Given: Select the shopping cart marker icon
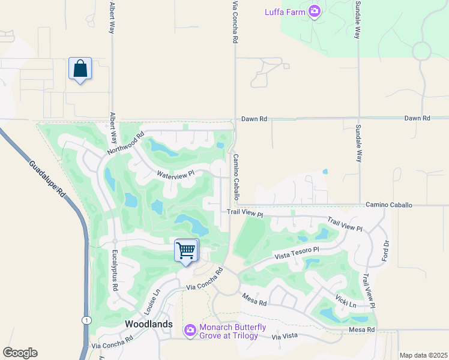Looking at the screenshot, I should pyautogui.click(x=186, y=250).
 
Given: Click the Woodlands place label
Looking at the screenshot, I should pyautogui.click(x=149, y=324).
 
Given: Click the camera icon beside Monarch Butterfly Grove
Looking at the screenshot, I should pyautogui.click(x=190, y=330).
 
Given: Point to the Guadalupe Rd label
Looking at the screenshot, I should pyautogui.click(x=46, y=179).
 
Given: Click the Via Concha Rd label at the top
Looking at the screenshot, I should pyautogui.click(x=235, y=22).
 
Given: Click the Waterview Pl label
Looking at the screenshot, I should pyautogui.click(x=176, y=174).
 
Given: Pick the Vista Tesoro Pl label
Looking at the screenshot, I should pyautogui.click(x=297, y=253).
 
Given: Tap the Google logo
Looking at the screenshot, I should pyautogui.click(x=20, y=353).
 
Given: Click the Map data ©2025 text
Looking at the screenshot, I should pyautogui.click(x=424, y=355).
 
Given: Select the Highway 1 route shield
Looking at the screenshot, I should pyautogui.click(x=88, y=320).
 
